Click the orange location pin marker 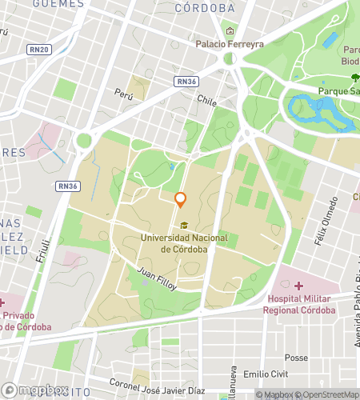[x=181, y=199]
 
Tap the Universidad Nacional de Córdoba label [x=184, y=243]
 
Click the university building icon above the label [x=185, y=226]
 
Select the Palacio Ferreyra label [x=230, y=44]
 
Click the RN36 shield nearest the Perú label [x=186, y=81]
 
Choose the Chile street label [x=207, y=102]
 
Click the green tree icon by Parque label [x=354, y=77]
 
